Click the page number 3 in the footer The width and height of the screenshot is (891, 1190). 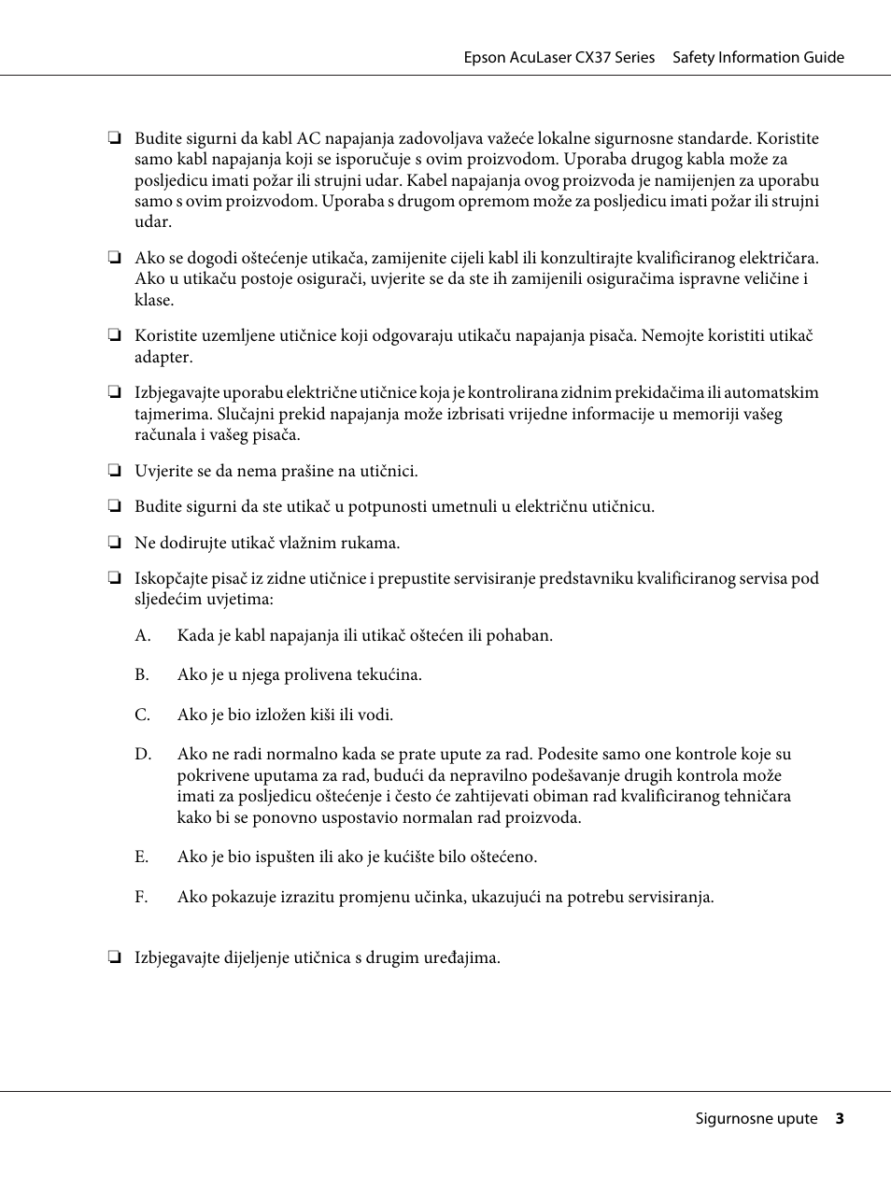[x=840, y=1118]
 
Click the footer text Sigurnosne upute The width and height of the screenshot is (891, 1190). [x=756, y=1118]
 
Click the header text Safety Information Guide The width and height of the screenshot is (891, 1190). [x=757, y=57]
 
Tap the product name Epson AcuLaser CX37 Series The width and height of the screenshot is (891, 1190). [x=559, y=57]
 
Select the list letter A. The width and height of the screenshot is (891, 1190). [x=142, y=635]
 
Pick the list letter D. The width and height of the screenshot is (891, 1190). [x=142, y=754]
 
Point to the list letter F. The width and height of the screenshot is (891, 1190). [x=141, y=897]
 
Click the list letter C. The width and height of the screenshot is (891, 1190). [x=142, y=715]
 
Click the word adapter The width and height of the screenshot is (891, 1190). [x=163, y=358]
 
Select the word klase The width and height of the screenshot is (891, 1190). [x=153, y=300]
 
